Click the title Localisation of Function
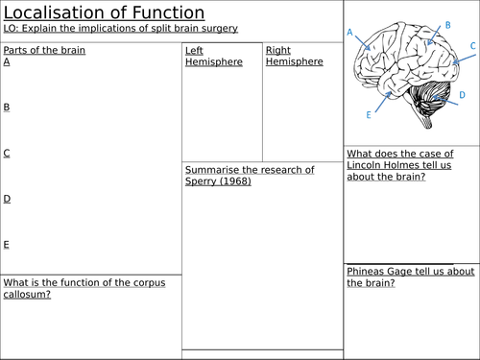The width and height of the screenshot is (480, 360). click(x=104, y=13)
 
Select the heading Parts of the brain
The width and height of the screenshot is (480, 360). click(x=44, y=50)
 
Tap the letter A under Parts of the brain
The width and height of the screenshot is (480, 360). click(x=7, y=61)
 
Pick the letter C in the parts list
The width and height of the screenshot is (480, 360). click(x=7, y=153)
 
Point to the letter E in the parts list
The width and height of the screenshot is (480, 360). click(x=6, y=245)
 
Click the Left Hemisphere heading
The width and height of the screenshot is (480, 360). click(x=214, y=56)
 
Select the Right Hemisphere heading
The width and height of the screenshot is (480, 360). click(x=295, y=56)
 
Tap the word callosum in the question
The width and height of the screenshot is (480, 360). click(x=27, y=294)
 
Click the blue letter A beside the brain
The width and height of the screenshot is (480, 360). click(x=349, y=33)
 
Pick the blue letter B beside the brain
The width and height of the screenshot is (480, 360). click(x=448, y=25)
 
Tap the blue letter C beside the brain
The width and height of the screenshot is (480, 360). click(x=473, y=46)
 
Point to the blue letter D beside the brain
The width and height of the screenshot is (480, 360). click(x=462, y=95)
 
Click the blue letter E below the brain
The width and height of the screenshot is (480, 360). click(x=369, y=115)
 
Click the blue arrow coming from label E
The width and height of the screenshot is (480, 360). click(x=383, y=102)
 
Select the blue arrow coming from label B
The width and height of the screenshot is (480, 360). click(x=434, y=36)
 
